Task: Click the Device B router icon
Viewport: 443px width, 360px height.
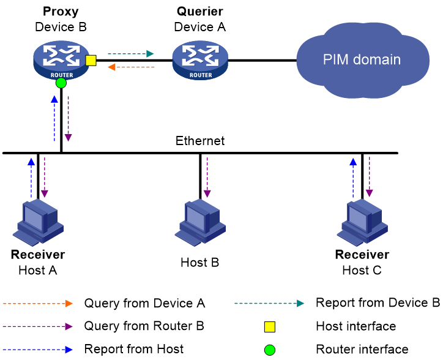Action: (61, 61)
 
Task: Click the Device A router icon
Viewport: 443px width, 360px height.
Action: (200, 61)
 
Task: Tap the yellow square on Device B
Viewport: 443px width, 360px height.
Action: (91, 61)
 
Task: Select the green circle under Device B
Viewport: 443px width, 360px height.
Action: (61, 83)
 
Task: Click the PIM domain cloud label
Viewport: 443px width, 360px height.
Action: (362, 59)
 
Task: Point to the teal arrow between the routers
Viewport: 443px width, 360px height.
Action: (130, 53)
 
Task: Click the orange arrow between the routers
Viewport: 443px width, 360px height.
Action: (131, 67)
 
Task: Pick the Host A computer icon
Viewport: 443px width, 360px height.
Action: (38, 222)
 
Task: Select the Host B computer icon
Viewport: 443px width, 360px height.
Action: (200, 222)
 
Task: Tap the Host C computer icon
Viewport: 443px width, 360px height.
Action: (362, 222)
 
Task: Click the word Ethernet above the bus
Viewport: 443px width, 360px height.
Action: (200, 141)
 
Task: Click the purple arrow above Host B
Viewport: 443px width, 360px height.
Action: (207, 177)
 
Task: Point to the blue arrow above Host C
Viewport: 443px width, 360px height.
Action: (353, 178)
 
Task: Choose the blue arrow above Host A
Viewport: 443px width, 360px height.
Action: (31, 178)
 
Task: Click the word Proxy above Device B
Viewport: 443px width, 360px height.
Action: (61, 12)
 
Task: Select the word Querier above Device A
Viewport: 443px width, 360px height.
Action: (200, 12)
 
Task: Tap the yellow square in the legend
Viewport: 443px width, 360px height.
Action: (269, 326)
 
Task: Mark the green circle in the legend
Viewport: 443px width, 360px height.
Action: (269, 350)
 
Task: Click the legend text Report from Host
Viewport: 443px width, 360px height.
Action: (134, 349)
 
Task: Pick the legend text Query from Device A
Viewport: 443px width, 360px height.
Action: (144, 304)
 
